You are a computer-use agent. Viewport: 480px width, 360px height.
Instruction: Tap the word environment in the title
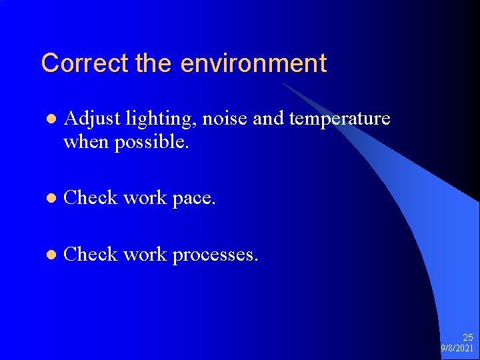(253, 63)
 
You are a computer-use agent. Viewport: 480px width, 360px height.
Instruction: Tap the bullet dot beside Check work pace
(48, 199)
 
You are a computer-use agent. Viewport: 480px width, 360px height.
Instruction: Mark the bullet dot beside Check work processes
(48, 255)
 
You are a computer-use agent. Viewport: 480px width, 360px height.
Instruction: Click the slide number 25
(467, 338)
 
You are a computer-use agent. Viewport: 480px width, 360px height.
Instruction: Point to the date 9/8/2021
(457, 349)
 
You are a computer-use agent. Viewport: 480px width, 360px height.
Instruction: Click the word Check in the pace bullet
(91, 198)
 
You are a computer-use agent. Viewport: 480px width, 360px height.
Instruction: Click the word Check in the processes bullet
(91, 254)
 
